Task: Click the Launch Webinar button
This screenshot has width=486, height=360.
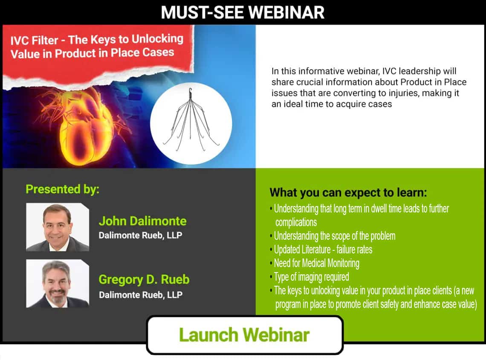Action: tap(245, 335)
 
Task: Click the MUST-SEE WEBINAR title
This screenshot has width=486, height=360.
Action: tap(243, 12)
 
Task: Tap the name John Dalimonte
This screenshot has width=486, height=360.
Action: tap(142, 221)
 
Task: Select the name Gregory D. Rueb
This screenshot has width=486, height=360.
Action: tap(144, 279)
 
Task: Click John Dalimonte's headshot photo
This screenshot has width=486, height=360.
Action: tap(58, 227)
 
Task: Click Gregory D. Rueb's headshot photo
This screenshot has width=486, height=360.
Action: tap(58, 283)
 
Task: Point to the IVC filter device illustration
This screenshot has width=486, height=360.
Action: tap(191, 121)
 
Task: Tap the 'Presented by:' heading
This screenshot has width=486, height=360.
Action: tap(62, 189)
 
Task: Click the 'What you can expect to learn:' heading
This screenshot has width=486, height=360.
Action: tap(348, 192)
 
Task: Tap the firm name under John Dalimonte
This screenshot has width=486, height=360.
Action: tap(140, 235)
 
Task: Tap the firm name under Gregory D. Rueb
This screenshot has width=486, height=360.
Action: tap(141, 295)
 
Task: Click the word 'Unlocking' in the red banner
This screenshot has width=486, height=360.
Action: tap(157, 39)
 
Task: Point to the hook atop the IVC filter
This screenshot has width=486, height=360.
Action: tap(190, 92)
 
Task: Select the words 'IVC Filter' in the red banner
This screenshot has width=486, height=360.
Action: tap(34, 41)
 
